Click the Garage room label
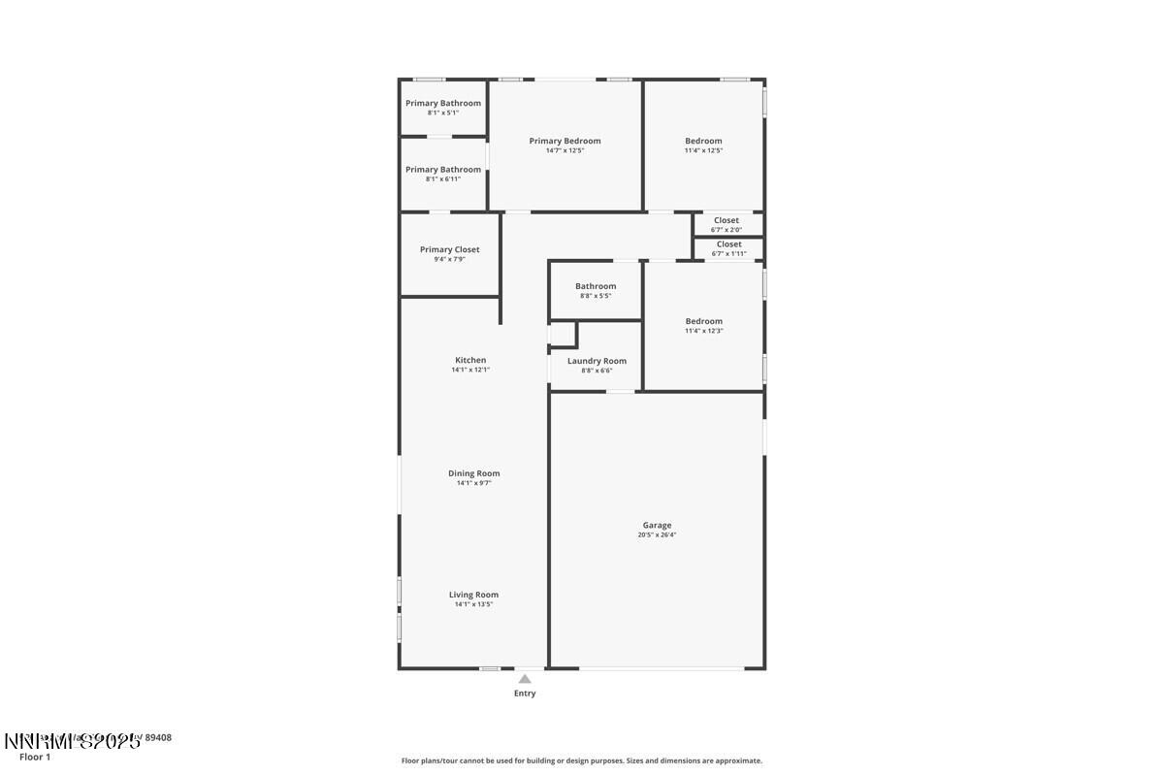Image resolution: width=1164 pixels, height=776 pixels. tap(657, 525)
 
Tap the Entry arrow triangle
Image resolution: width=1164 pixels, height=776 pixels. tap(525, 679)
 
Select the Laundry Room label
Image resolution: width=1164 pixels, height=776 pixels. tap(597, 361)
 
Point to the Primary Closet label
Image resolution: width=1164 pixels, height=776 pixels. tap(449, 249)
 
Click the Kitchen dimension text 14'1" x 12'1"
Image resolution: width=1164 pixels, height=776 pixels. tap(470, 370)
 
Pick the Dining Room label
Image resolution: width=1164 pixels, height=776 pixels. tap(473, 473)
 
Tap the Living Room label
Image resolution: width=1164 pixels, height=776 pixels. tap(473, 595)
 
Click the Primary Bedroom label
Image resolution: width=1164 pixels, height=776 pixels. tap(565, 141)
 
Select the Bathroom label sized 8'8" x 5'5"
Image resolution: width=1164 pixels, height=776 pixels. tap(596, 286)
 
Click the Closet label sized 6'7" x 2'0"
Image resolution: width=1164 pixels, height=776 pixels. tap(727, 220)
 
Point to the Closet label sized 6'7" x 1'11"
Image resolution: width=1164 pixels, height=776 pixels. tap(728, 244)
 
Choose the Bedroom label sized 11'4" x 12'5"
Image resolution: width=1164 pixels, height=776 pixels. tap(703, 141)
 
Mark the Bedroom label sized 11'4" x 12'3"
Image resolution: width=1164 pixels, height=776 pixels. tap(703, 321)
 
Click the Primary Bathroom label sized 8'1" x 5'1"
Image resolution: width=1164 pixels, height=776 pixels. tap(443, 103)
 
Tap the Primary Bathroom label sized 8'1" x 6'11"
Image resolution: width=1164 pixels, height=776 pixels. tap(443, 170)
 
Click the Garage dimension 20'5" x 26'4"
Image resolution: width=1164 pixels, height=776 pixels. tap(657, 534)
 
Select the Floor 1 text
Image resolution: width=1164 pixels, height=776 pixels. tap(35, 757)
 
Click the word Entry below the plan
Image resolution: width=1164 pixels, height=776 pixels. tap(525, 694)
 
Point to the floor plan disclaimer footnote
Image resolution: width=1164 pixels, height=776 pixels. tap(582, 760)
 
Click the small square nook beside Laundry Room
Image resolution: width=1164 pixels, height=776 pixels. tap(563, 334)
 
